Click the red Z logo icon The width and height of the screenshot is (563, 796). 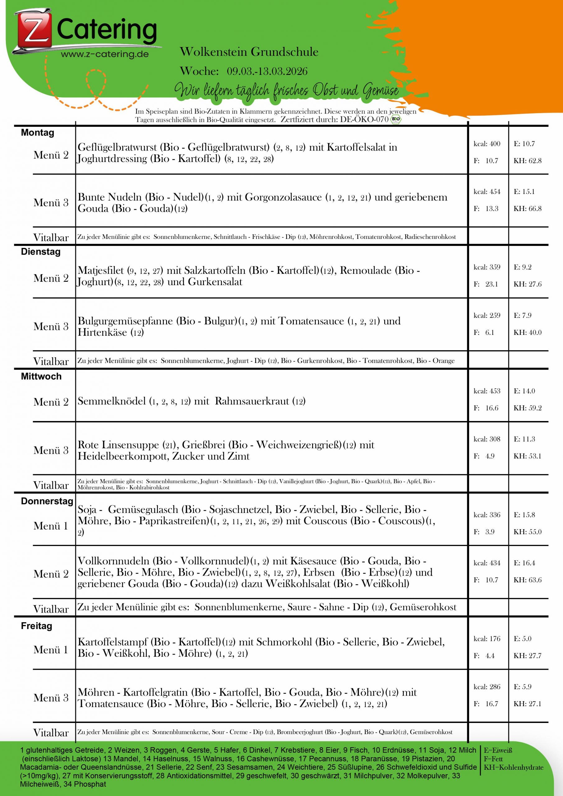[x=33, y=30]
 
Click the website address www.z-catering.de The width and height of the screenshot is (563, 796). [x=105, y=54]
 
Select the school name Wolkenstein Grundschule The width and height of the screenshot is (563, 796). [x=249, y=52]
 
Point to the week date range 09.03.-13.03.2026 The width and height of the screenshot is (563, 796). [x=267, y=71]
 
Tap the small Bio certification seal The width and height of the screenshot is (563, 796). [x=395, y=120]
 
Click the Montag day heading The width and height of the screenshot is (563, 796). [x=37, y=133]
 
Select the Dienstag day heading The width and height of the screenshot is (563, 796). [x=40, y=252]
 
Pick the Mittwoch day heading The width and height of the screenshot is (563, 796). [x=41, y=376]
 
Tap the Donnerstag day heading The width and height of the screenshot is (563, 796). [x=47, y=501]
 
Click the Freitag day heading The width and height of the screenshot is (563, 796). [x=36, y=626]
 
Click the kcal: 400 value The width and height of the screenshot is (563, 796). [x=487, y=144]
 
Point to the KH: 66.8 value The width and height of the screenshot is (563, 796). [x=527, y=209]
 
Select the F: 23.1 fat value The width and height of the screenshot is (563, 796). [x=486, y=284]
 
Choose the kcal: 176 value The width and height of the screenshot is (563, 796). [x=487, y=639]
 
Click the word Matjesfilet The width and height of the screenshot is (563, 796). [x=100, y=271]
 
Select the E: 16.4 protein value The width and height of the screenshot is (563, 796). [x=524, y=563]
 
